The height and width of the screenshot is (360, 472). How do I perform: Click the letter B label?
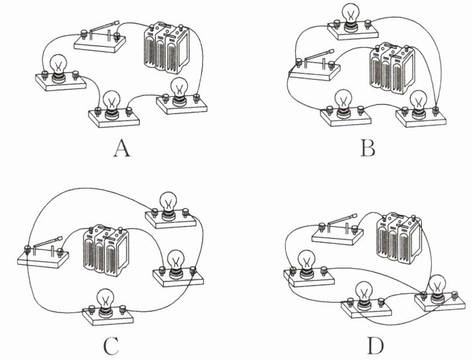click(368, 149)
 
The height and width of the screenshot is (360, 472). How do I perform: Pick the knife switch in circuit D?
click(339, 228)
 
